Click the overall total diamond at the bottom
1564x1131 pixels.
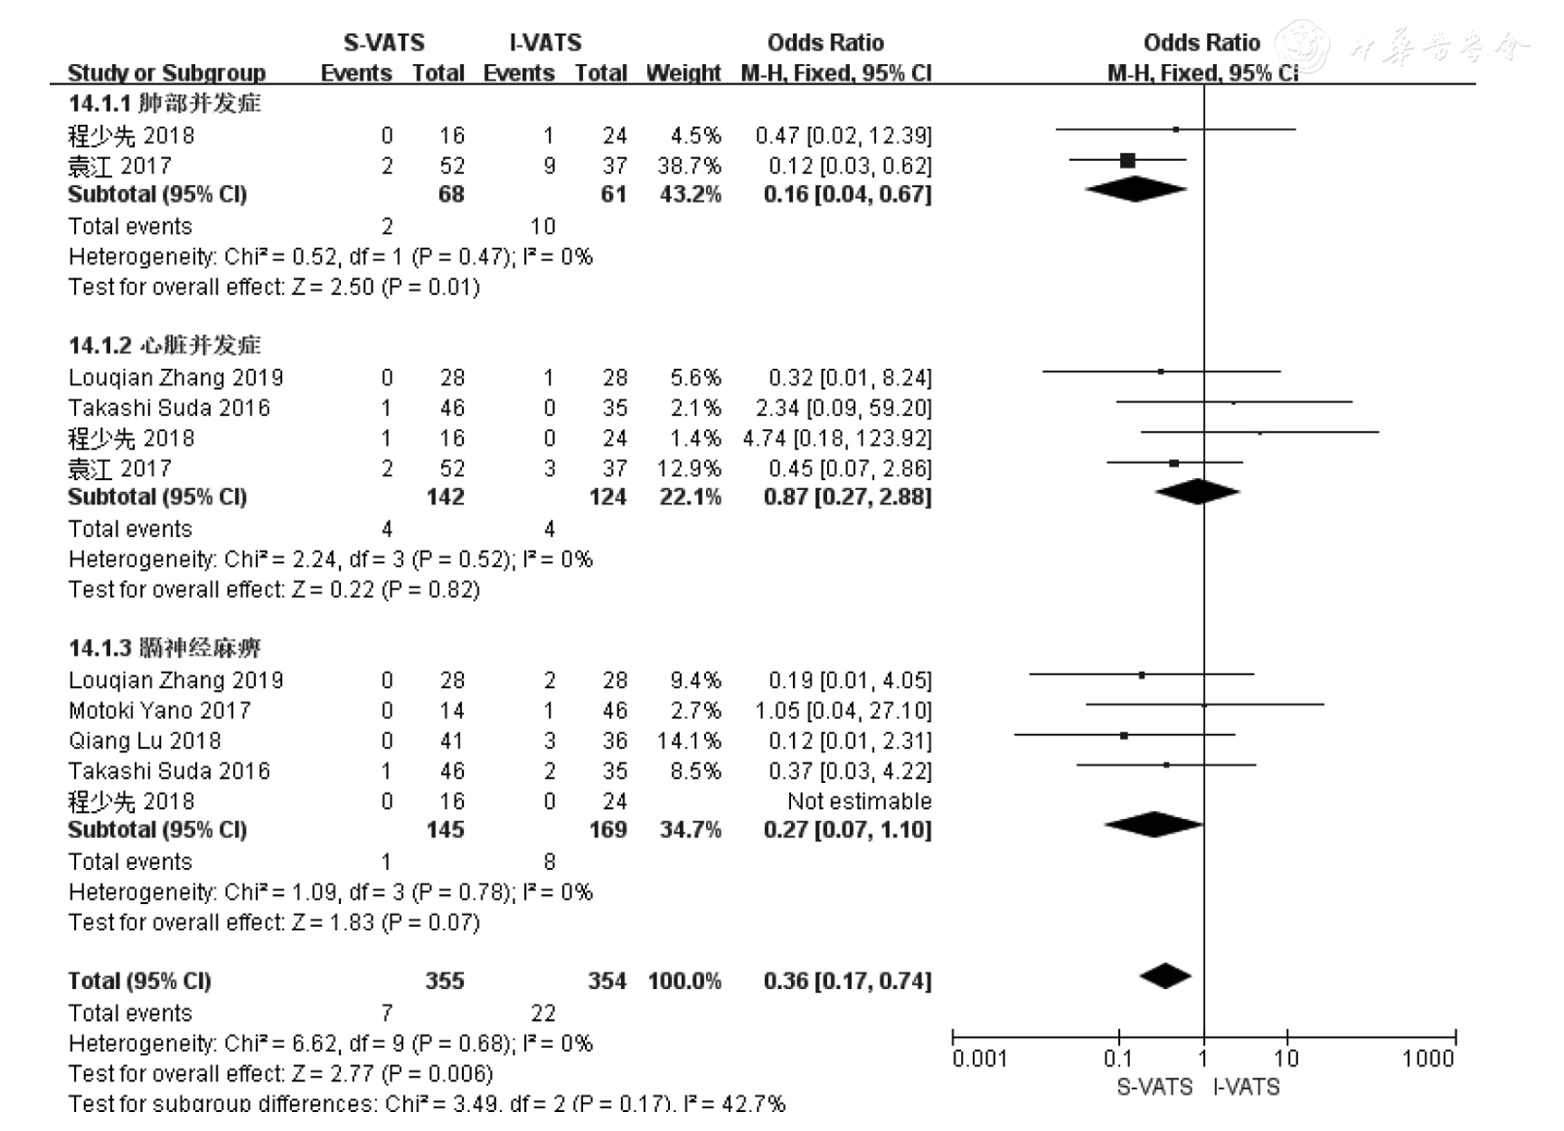[1165, 976]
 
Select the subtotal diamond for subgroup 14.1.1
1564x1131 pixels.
[1135, 190]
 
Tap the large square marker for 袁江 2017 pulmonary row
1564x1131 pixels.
[1127, 161]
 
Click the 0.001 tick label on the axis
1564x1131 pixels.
[979, 1059]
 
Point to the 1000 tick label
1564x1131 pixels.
[1428, 1059]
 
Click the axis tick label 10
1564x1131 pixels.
[1286, 1059]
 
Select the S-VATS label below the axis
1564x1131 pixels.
[1154, 1088]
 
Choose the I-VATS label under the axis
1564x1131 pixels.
[1247, 1088]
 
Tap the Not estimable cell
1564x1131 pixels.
[859, 801]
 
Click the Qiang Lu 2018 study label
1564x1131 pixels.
[145, 740]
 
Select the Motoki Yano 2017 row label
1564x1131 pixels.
[159, 711]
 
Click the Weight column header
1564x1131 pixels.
[683, 72]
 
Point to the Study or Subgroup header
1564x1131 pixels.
[166, 72]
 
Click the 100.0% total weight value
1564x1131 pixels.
[684, 981]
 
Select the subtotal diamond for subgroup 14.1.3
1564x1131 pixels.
[1154, 825]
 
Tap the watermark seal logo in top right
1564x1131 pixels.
[1304, 45]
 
